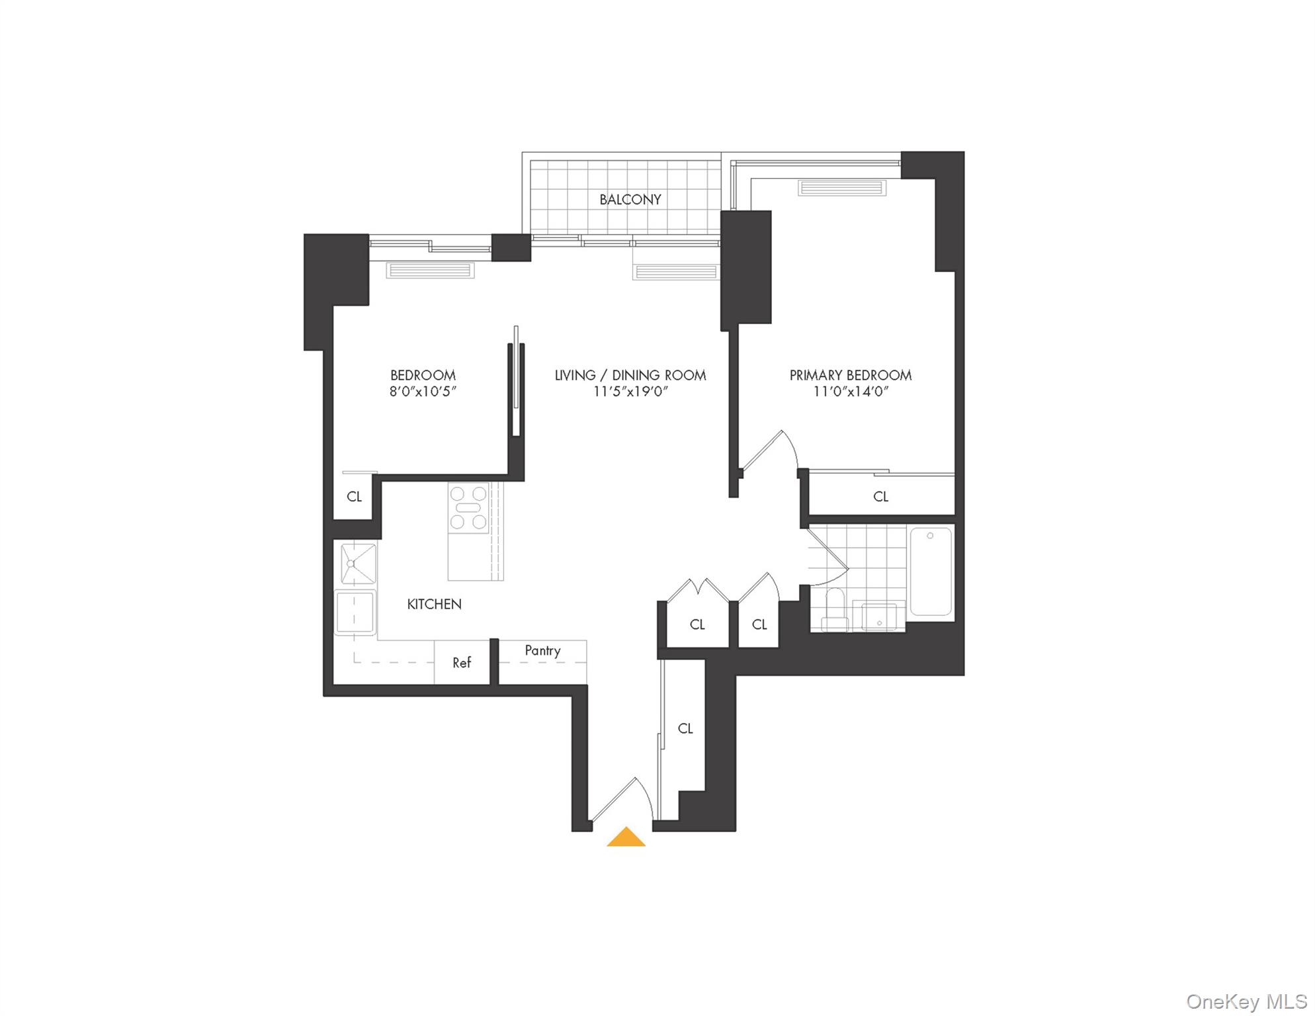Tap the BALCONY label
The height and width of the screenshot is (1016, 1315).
630,200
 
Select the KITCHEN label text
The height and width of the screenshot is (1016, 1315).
434,604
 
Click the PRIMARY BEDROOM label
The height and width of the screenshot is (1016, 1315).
850,375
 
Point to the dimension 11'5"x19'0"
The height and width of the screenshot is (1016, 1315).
630,392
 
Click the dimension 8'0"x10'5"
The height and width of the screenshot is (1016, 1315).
423,392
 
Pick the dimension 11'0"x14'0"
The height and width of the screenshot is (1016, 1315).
850,392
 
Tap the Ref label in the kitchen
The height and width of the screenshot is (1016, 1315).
462,662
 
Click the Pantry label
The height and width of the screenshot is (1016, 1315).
542,650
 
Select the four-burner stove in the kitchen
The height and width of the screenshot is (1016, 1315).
469,507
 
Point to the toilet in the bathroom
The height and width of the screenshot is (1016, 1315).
834,611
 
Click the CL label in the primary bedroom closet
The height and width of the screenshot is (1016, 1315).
880,496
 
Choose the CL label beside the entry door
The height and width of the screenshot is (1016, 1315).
685,728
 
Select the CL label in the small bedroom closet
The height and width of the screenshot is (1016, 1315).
355,496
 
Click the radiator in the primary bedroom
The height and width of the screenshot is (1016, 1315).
842,188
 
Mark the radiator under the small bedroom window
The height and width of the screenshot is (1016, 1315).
430,270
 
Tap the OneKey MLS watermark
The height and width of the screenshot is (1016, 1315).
1246,1001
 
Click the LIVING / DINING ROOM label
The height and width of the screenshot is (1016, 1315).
630,375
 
